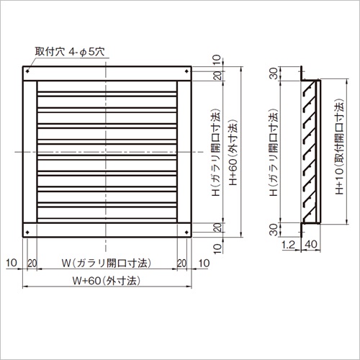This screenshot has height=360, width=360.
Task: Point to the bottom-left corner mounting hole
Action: tap(27, 233)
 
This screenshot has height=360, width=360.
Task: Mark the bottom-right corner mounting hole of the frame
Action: tap(189, 233)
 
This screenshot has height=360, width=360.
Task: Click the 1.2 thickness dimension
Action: tap(288, 245)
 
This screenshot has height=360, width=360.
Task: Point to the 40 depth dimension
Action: tap(312, 245)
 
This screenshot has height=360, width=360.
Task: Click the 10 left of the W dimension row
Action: tap(12, 263)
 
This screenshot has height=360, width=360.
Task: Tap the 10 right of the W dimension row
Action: tap(203, 263)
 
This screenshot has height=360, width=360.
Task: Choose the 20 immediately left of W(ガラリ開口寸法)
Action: tap(31, 263)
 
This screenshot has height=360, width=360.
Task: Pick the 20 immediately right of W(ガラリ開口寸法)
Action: tap(183, 263)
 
